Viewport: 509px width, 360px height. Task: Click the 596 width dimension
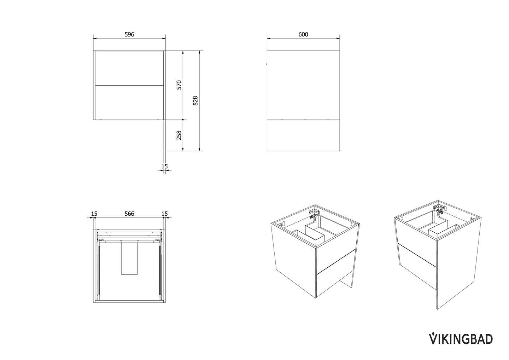(x=129, y=34)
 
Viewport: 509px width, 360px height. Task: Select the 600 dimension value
(x=303, y=34)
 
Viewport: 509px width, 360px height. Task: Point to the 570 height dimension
(x=179, y=85)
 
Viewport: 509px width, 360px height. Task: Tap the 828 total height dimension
(x=195, y=101)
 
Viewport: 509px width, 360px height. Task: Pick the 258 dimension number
(x=179, y=135)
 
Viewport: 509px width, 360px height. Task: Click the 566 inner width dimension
(x=129, y=214)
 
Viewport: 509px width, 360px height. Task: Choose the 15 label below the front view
(x=164, y=166)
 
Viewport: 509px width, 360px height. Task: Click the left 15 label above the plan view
(x=94, y=214)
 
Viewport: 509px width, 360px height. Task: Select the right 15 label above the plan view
(x=164, y=214)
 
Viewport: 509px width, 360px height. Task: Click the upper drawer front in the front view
(x=129, y=68)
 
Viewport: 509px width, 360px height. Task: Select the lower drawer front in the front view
(x=129, y=103)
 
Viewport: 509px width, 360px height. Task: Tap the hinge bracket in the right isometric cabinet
(x=438, y=209)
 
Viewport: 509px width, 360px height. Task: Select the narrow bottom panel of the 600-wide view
(x=303, y=135)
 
